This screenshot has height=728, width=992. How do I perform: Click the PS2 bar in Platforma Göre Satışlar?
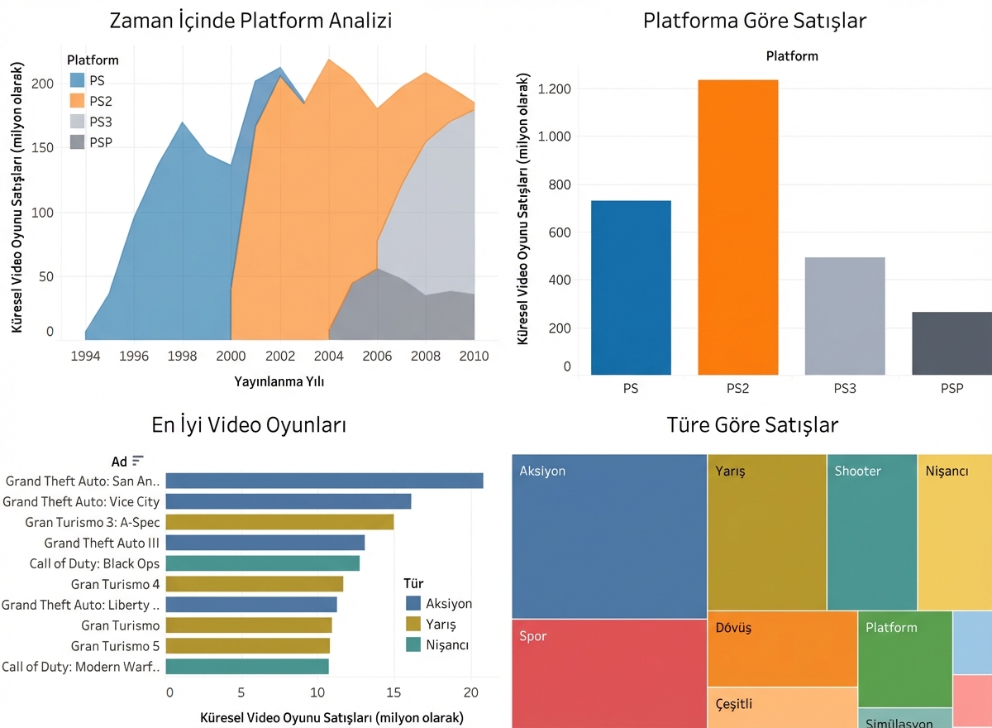(737, 227)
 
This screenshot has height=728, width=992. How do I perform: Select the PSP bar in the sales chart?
(951, 343)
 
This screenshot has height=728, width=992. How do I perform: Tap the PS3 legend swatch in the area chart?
(78, 122)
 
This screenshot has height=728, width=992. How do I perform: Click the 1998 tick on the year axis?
(183, 356)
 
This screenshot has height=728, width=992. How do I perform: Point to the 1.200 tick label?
(554, 89)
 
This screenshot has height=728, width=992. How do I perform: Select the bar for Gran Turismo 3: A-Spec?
(280, 522)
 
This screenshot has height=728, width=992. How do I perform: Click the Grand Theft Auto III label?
(102, 543)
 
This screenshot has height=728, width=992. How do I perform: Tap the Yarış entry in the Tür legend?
(441, 624)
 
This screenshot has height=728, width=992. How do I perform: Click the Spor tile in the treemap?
(608, 673)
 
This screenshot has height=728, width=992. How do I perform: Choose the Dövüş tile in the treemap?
(782, 648)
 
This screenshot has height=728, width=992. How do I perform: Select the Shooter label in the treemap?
(857, 471)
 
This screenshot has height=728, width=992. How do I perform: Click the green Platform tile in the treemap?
(904, 659)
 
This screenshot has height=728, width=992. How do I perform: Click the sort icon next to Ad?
(138, 460)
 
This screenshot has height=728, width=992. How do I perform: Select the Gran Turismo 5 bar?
(249, 646)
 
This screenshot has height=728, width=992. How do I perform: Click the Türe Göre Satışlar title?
(752, 425)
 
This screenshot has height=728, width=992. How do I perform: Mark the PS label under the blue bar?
(631, 388)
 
